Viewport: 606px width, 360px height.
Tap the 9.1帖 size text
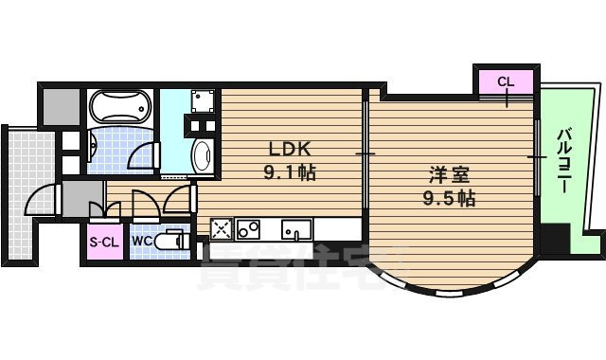pos(291,173)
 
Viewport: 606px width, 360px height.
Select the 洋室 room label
pos(449,175)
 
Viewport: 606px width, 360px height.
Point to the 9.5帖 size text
pos(449,199)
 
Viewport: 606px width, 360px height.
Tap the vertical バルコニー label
pos(565,161)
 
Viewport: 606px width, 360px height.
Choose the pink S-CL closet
pos(104,242)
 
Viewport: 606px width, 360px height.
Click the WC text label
pos(142,242)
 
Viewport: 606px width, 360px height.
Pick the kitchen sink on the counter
pos(296,229)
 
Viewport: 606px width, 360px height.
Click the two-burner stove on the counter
pos(248,228)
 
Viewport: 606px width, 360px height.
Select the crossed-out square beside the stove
pos(222,228)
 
